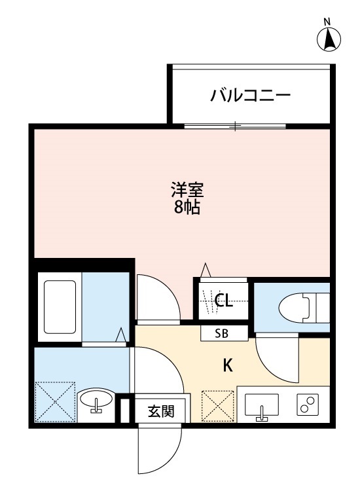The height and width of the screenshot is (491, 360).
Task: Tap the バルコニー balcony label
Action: (250, 96)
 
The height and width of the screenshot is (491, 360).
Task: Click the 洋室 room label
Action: (188, 191)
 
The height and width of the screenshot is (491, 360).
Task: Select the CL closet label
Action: (224, 301)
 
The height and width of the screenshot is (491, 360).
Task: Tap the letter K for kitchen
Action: (228, 366)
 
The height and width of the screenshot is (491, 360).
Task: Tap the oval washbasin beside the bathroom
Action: (97, 400)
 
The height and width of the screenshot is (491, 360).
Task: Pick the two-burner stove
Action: (308, 406)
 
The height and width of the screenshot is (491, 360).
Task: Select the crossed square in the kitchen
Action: (217, 407)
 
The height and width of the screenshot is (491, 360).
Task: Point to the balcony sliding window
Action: (235, 125)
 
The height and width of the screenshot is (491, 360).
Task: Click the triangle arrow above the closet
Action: (206, 270)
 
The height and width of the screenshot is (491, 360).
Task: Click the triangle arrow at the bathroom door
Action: (121, 335)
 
